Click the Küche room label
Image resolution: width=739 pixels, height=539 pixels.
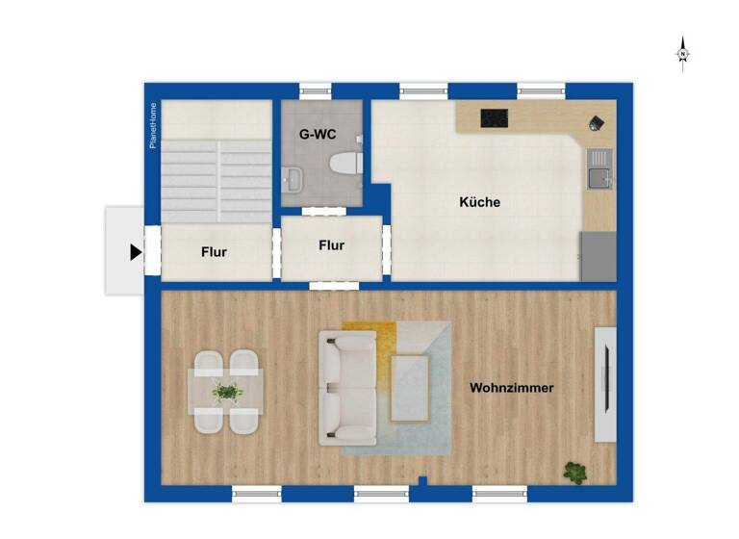tap(479, 203)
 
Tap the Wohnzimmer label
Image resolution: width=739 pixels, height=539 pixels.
tap(511, 388)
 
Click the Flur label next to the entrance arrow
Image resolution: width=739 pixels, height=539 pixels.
tap(214, 252)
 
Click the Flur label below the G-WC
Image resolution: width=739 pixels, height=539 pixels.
tap(331, 245)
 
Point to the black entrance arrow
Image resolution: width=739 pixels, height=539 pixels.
tap(136, 252)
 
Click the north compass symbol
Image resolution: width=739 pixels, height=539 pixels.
tap(682, 53)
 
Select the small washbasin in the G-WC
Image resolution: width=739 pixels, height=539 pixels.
tap(293, 178)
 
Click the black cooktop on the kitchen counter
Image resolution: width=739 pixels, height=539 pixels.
tap(495, 118)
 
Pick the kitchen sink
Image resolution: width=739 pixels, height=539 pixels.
tap(599, 176)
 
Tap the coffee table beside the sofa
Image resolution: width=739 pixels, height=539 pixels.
tap(410, 388)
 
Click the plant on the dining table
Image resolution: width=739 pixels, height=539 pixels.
tap(227, 392)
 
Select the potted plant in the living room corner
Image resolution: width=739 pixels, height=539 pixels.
tap(575, 472)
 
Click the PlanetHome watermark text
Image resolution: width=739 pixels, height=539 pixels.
tap(152, 126)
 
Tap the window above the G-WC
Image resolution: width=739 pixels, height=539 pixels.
tap(316, 91)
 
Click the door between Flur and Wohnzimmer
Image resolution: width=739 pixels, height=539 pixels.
tap(334, 286)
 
